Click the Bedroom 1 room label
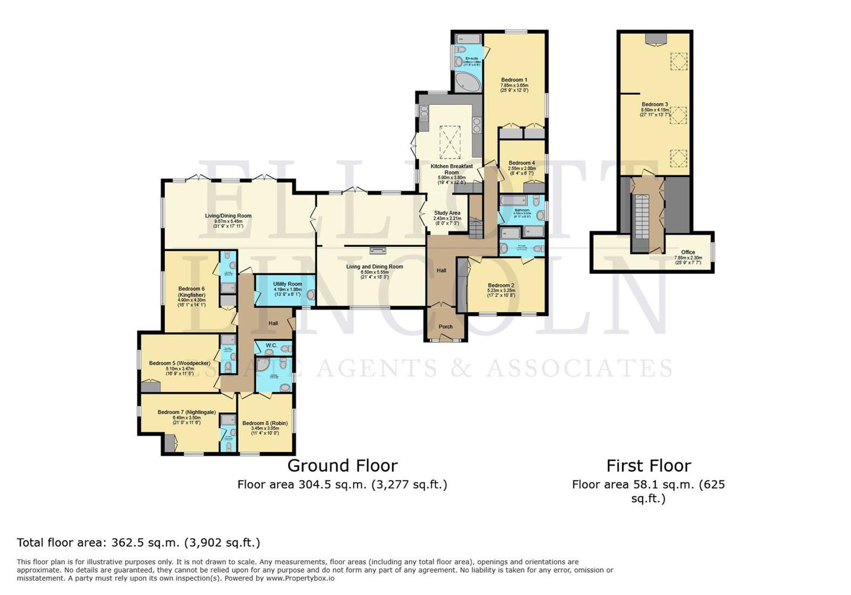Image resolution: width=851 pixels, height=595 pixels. click(x=514, y=80)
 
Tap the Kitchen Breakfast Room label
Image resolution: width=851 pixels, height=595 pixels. click(x=451, y=166)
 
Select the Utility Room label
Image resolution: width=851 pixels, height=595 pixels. click(x=287, y=284)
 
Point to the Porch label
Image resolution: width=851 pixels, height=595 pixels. click(x=445, y=327)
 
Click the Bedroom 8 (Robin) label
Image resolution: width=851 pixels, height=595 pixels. click(x=265, y=423)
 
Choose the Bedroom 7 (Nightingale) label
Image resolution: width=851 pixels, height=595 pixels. click(x=186, y=412)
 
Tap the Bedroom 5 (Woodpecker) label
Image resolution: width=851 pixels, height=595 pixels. click(x=179, y=363)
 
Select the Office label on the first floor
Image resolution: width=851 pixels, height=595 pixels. click(x=688, y=252)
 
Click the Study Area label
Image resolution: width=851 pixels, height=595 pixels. click(x=447, y=213)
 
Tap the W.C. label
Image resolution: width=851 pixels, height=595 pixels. click(x=271, y=345)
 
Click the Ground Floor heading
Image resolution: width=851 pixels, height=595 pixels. click(x=342, y=466)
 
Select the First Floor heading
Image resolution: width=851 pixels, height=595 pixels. click(x=648, y=466)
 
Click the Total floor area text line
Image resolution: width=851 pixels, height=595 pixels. click(x=138, y=542)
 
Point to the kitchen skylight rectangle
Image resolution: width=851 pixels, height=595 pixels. click(x=450, y=142)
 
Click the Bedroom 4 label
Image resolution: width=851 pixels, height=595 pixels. click(x=521, y=163)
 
